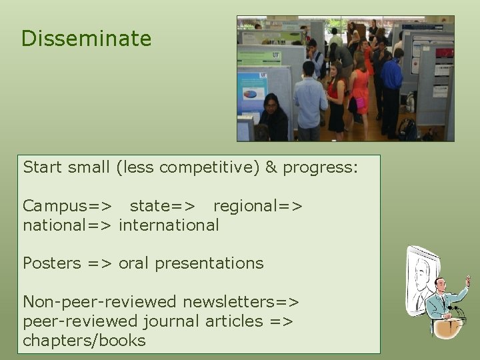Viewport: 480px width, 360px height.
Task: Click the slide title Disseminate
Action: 86,39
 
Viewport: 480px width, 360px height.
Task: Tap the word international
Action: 169,225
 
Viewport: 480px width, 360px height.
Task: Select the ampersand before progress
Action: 271,167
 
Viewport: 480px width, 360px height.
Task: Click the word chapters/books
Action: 84,341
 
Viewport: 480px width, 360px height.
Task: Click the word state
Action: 153,205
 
